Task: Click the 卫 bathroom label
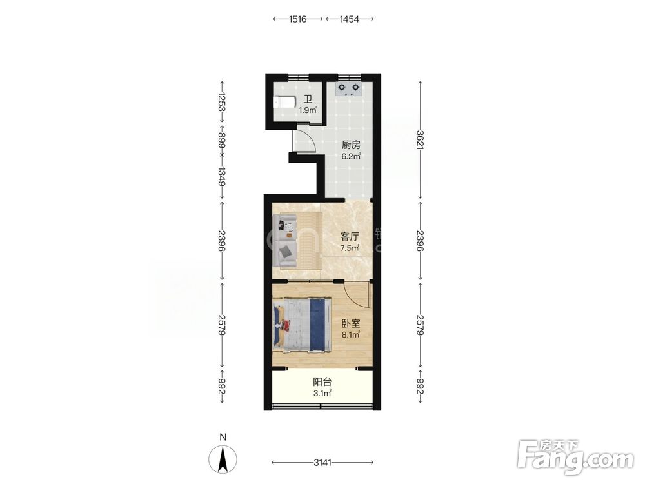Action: (308, 99)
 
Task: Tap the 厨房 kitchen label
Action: (352, 145)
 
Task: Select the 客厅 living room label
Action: (350, 237)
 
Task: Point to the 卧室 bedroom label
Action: (351, 323)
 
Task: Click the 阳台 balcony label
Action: (322, 382)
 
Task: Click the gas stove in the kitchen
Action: (348, 89)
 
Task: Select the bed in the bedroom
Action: (302, 325)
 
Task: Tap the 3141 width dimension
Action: (322, 463)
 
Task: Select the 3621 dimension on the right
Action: (420, 140)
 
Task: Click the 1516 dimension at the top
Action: (298, 19)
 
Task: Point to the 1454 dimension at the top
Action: (350, 19)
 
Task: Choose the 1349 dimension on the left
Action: (222, 176)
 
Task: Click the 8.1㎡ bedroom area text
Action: (351, 334)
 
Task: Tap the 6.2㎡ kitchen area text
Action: (352, 156)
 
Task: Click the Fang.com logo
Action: (575, 457)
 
